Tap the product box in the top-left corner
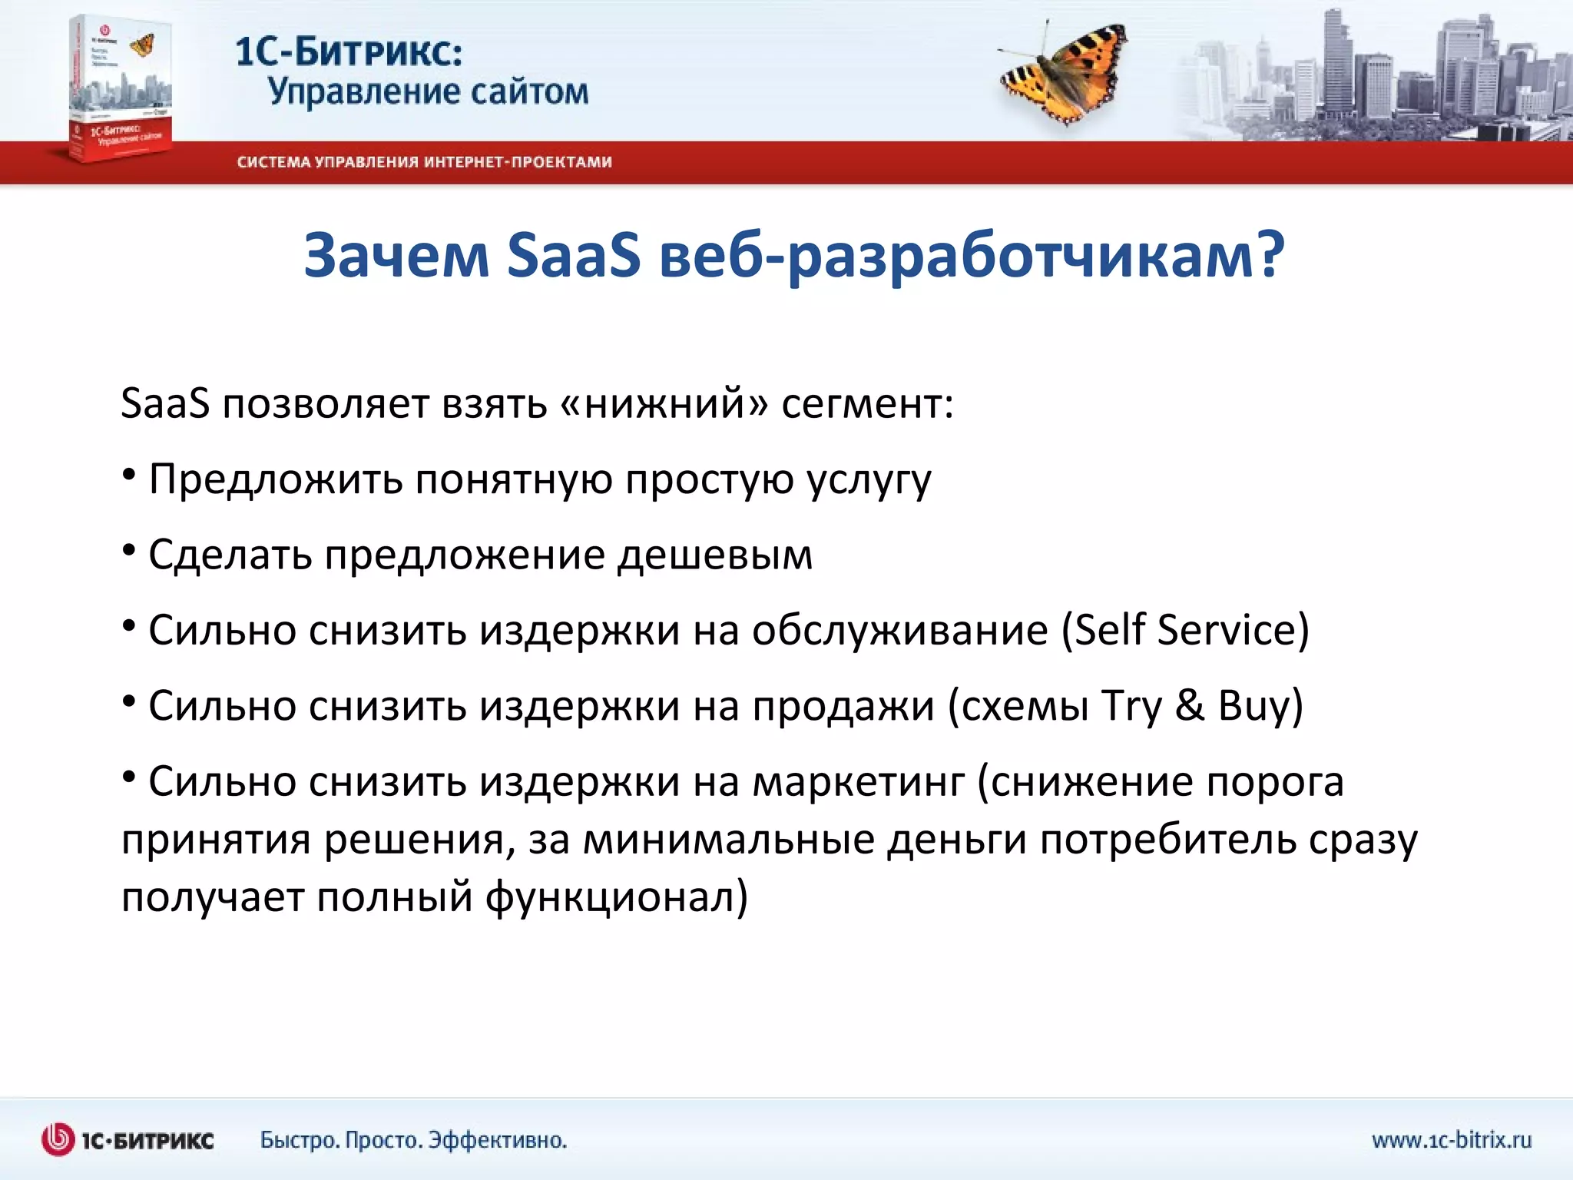click(x=119, y=88)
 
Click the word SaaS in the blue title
click(x=573, y=255)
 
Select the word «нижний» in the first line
click(x=664, y=403)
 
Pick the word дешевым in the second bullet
click(x=715, y=555)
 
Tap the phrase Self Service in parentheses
click(x=1185, y=630)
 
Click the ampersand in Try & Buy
click(x=1190, y=705)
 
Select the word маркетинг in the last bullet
click(x=858, y=783)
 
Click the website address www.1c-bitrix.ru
click(x=1452, y=1139)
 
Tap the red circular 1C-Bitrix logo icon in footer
click(x=58, y=1139)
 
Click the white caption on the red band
click(x=424, y=162)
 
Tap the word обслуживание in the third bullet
click(x=899, y=630)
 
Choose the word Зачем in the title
click(x=396, y=255)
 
